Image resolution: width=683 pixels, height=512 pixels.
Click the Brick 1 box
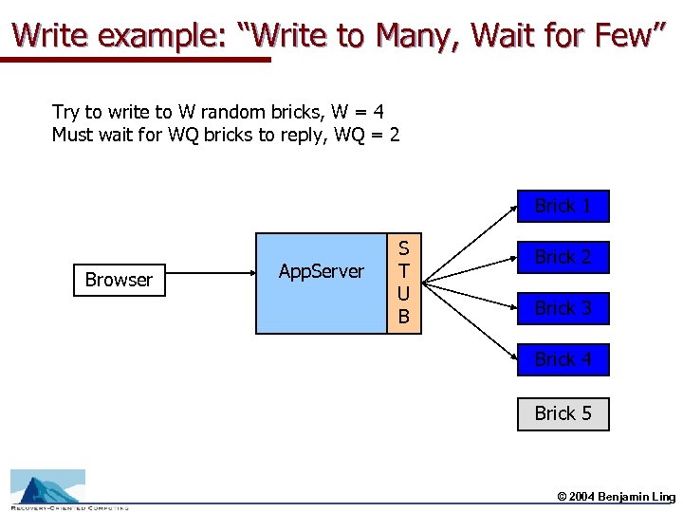(x=563, y=206)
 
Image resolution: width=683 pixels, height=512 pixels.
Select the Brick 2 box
(x=563, y=257)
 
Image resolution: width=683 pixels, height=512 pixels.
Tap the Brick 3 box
(x=563, y=308)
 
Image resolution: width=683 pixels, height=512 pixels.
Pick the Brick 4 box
(x=563, y=359)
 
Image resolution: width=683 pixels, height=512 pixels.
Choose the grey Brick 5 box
(x=563, y=413)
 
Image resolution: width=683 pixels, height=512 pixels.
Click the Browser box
(x=119, y=280)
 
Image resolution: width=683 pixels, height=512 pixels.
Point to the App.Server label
(x=321, y=271)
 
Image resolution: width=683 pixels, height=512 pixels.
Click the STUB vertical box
(x=403, y=283)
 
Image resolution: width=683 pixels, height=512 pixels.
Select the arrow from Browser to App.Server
(x=209, y=280)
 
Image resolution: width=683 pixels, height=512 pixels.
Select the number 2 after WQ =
(x=394, y=135)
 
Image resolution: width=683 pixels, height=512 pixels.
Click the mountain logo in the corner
(x=47, y=486)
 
